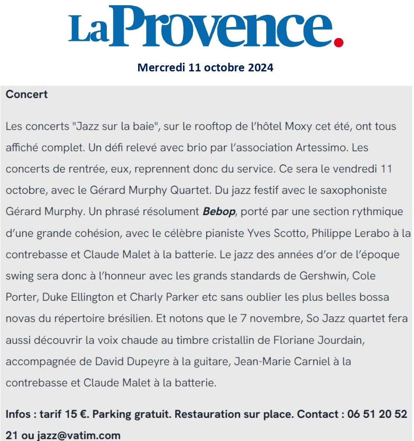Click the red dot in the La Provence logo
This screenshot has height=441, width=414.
(338, 42)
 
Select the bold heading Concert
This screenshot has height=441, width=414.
(27, 94)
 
